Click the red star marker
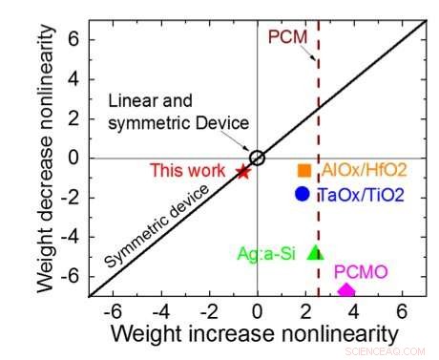click(242, 172)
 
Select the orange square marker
click(303, 170)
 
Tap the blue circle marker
click(303, 194)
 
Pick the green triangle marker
click(316, 253)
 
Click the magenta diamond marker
click(345, 290)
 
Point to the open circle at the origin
click(257, 158)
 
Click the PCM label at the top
click(284, 38)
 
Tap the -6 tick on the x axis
click(114, 311)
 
